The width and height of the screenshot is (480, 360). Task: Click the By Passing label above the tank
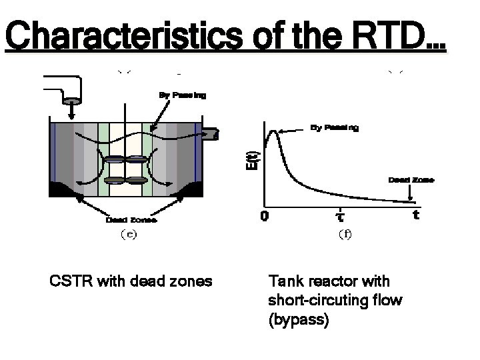point(182,95)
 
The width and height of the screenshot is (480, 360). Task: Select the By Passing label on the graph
point(335,127)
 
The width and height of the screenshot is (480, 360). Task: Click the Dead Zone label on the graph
point(411,179)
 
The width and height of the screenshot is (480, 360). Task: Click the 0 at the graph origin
point(265,217)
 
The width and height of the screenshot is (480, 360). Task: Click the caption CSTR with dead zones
point(131,281)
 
